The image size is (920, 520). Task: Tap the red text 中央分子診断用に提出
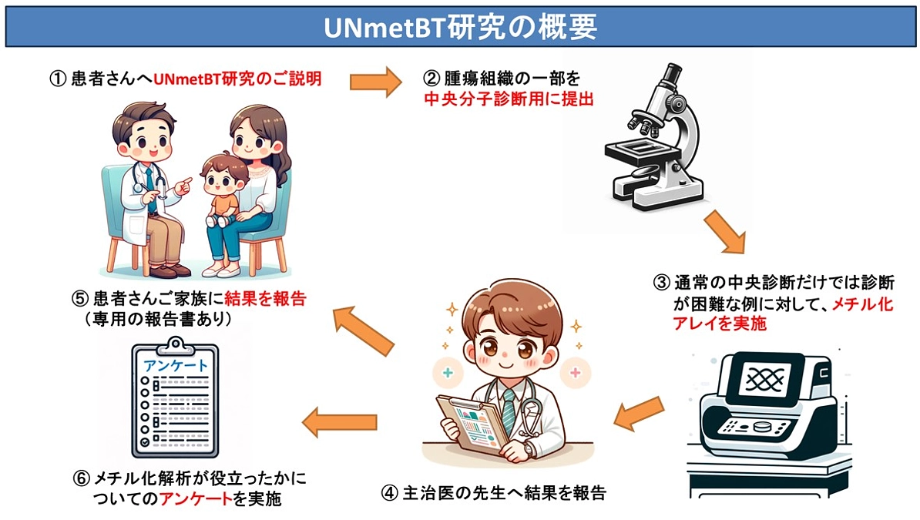point(509,99)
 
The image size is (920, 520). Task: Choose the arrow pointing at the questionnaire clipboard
point(339,422)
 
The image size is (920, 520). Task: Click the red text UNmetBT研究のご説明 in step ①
point(237,79)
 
